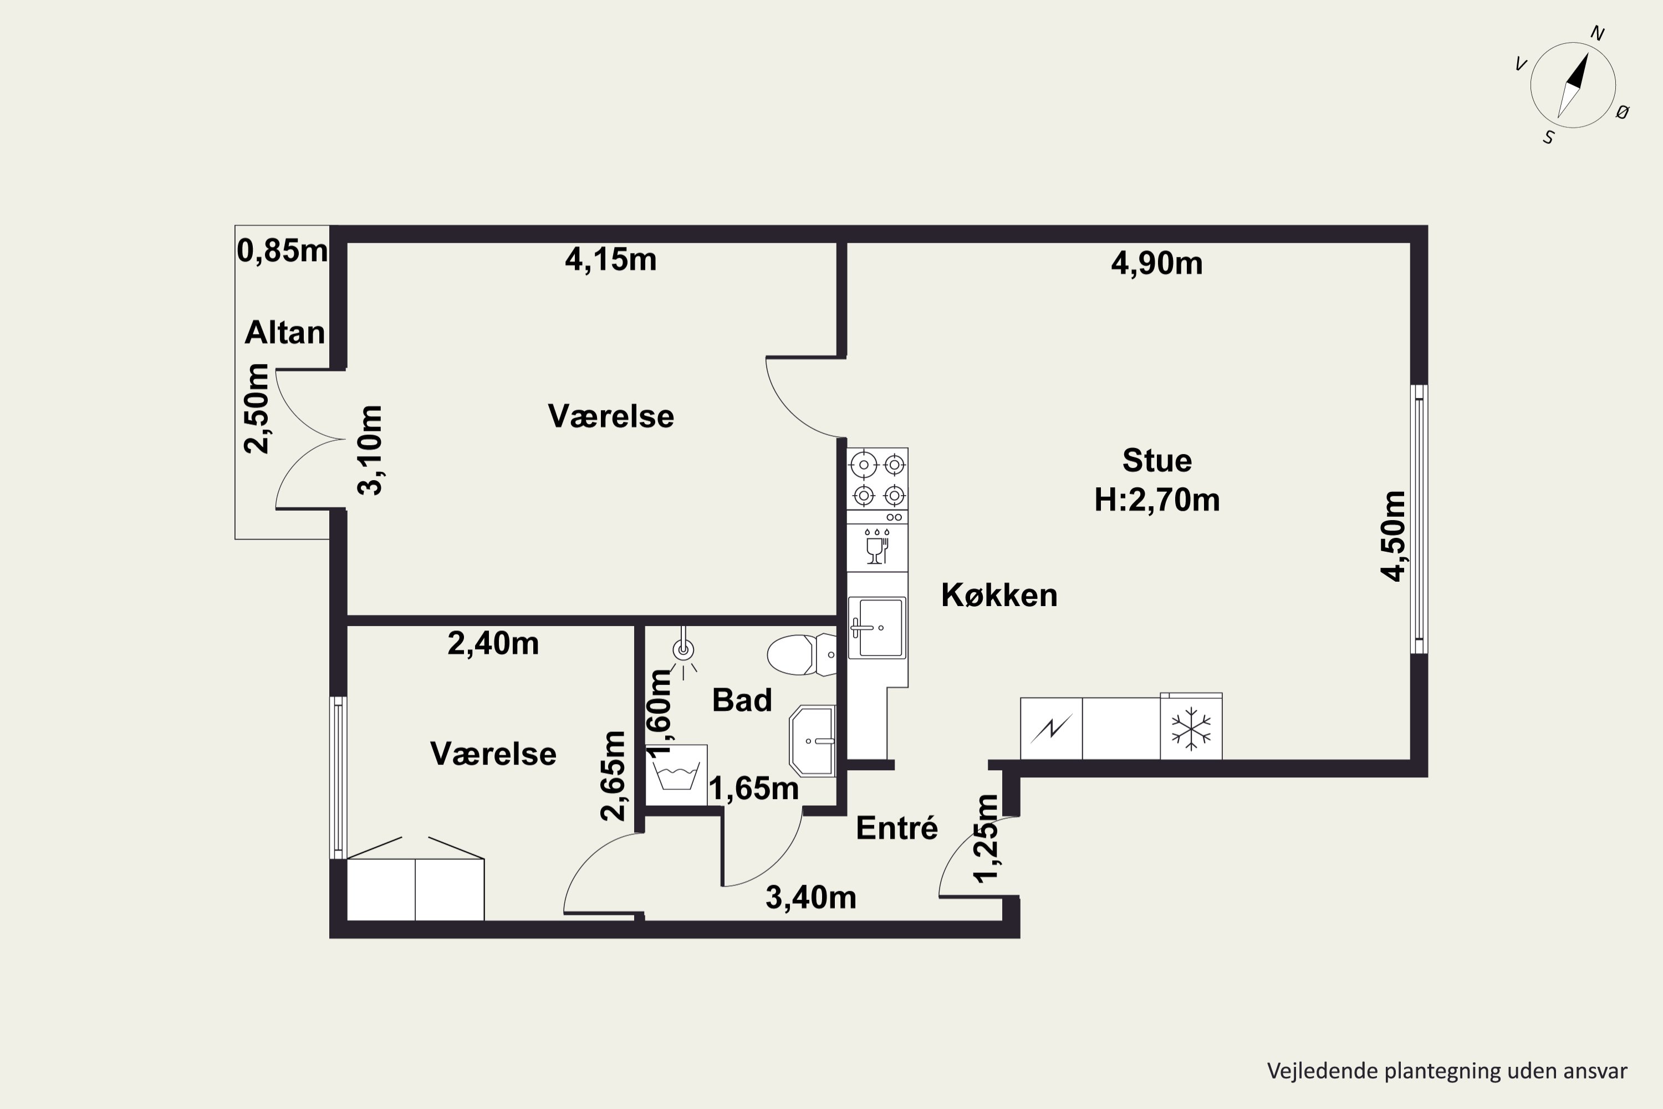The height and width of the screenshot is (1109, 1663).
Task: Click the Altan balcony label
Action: pyautogui.click(x=285, y=332)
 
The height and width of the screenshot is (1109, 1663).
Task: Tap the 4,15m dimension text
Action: pyautogui.click(x=611, y=260)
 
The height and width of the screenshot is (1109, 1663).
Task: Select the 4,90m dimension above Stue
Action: pyautogui.click(x=1157, y=263)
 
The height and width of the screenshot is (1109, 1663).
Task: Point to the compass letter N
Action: pyautogui.click(x=1597, y=33)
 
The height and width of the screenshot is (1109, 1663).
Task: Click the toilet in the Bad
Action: pyautogui.click(x=801, y=654)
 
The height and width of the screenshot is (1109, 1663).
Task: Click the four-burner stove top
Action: pyautogui.click(x=878, y=478)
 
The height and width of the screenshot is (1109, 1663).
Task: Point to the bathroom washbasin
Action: pyautogui.click(x=813, y=740)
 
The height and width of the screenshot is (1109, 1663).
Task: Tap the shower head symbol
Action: pyautogui.click(x=683, y=650)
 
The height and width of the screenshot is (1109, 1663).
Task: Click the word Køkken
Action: pyautogui.click(x=999, y=596)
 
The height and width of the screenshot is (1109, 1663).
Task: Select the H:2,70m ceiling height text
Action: pyautogui.click(x=1157, y=500)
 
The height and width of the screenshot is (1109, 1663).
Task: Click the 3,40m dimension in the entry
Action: pyautogui.click(x=811, y=898)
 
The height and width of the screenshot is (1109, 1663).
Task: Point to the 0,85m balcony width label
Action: pyautogui.click(x=282, y=251)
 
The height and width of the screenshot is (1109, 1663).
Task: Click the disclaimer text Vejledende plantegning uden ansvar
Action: pyautogui.click(x=1447, y=1071)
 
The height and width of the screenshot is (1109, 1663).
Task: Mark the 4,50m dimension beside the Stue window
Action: pyautogui.click(x=1394, y=536)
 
